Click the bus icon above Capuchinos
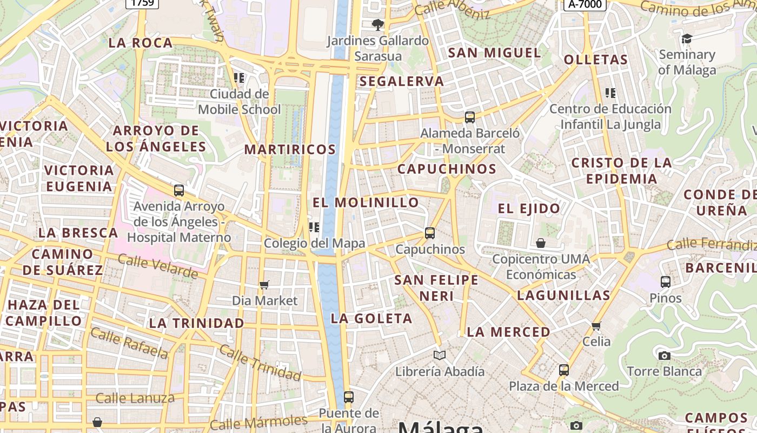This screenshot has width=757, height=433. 430,233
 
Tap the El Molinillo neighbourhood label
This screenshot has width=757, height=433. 366,202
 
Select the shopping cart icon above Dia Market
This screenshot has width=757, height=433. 264,285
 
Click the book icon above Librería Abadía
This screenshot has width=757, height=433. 440,356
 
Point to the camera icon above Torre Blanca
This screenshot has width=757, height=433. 665,356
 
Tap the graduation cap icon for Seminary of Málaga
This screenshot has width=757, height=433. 687,39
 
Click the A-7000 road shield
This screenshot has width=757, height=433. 585,4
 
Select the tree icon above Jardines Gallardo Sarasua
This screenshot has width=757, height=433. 378,24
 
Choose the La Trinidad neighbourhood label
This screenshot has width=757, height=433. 196,323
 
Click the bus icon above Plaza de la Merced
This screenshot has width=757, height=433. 564,370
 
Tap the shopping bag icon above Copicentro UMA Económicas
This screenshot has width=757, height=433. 541,243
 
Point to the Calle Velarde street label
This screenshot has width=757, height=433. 158,266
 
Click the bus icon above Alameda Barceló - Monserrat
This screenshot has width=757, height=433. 470,117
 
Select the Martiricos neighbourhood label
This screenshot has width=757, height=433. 290,149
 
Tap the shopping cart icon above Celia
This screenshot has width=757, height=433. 596,326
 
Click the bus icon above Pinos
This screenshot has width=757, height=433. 666,282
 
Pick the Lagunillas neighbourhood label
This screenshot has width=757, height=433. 563,296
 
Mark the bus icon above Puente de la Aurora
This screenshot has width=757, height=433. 349,397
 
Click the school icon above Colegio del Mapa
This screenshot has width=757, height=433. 314,227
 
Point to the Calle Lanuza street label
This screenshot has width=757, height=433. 135,399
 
